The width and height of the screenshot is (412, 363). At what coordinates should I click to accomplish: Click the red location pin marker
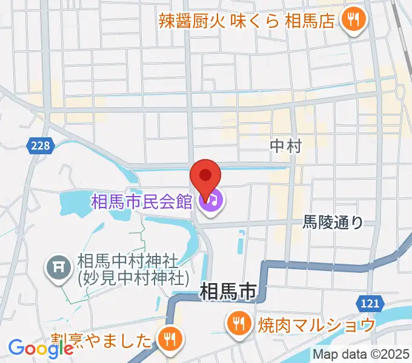205,177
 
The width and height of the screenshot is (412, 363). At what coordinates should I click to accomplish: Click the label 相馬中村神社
127,262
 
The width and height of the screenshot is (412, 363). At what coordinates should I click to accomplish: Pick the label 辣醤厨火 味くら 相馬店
247,21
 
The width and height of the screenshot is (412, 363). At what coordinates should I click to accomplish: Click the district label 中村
285,145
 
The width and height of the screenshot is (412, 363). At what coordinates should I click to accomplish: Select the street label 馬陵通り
333,223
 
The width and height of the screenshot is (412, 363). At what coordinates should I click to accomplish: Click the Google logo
41,347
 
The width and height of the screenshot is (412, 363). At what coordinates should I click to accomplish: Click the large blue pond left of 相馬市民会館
76,203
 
